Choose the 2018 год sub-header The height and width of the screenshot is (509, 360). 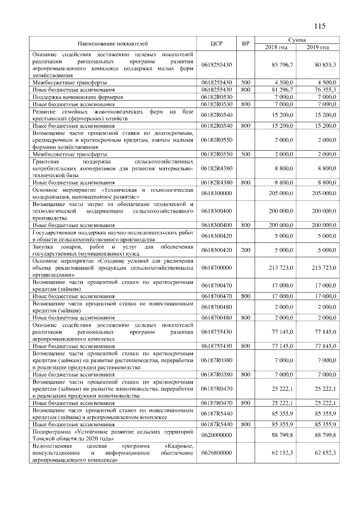coord(276,47)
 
